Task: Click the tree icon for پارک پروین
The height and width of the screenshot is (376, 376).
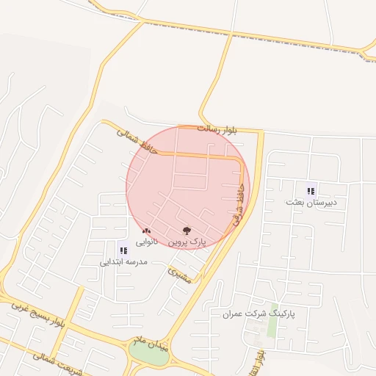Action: [185, 230]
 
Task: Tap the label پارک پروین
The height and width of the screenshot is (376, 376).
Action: [188, 241]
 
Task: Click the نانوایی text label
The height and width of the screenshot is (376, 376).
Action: [145, 241]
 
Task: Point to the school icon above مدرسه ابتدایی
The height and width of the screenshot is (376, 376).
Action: [123, 250]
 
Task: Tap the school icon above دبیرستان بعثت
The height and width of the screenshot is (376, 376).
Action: [311, 190]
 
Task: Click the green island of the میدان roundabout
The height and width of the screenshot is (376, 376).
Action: [149, 354]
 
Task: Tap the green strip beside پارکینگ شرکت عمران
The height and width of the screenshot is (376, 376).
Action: [273, 321]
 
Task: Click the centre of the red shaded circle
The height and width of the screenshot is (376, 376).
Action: [188, 187]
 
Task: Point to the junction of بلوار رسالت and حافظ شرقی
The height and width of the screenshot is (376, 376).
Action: [261, 132]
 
